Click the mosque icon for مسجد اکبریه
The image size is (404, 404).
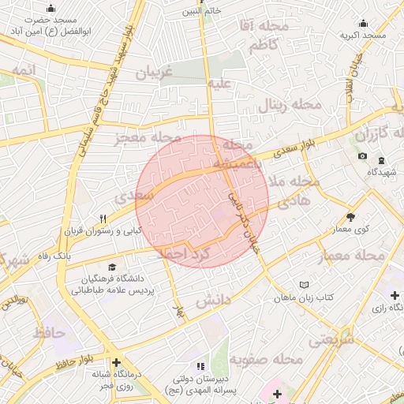click(363, 24)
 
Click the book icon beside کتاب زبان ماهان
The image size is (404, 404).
click(305, 286)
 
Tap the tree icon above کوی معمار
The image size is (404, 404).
click(350, 216)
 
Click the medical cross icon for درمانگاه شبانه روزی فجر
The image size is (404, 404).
click(116, 362)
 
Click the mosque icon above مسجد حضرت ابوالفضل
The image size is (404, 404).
click(50, 9)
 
